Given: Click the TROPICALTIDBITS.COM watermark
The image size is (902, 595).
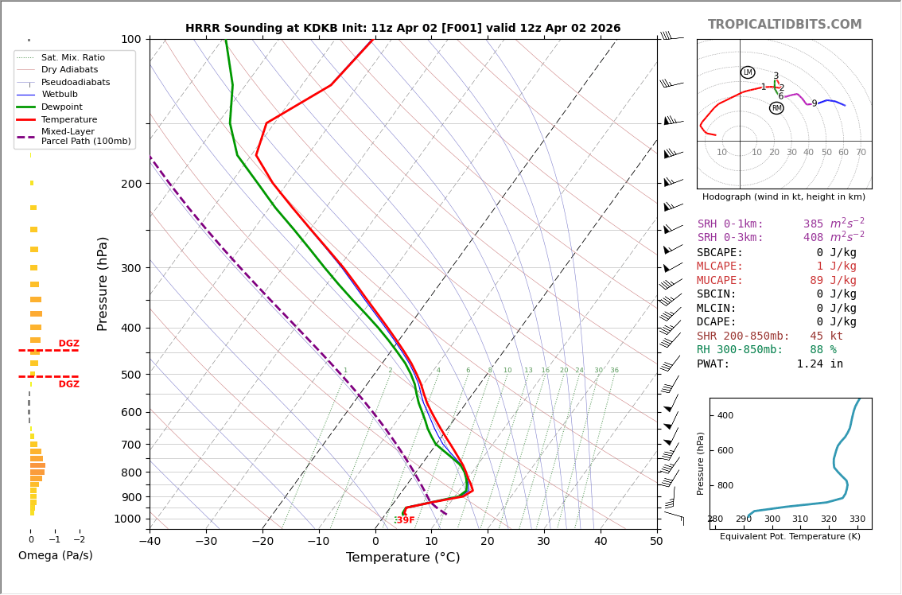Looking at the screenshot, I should pyautogui.click(x=784, y=25).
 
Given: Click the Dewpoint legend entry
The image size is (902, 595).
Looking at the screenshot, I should pyautogui.click(x=61, y=107).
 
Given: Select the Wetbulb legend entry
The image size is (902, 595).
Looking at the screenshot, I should pyautogui.click(x=60, y=95).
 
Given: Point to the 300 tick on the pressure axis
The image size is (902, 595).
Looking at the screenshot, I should pyautogui.click(x=130, y=268).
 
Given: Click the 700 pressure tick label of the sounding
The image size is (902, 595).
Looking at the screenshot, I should pyautogui.click(x=130, y=445).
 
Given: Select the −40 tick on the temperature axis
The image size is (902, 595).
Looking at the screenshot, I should pyautogui.click(x=150, y=542).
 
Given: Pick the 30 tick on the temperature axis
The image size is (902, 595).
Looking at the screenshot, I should pyautogui.click(x=544, y=542).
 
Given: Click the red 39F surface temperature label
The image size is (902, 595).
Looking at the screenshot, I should pyautogui.click(x=406, y=520).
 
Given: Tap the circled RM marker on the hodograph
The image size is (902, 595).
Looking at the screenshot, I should pyautogui.click(x=776, y=108).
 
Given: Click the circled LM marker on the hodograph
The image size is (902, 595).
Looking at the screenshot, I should pyautogui.click(x=748, y=72).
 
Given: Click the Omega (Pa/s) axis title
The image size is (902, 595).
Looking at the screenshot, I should pyautogui.click(x=55, y=556).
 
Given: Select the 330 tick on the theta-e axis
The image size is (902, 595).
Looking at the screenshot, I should pyautogui.click(x=857, y=519).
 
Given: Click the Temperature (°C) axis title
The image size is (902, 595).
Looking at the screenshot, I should pyautogui.click(x=402, y=558).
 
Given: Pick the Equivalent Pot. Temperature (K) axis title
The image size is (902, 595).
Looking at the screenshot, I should pyautogui.click(x=790, y=537).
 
